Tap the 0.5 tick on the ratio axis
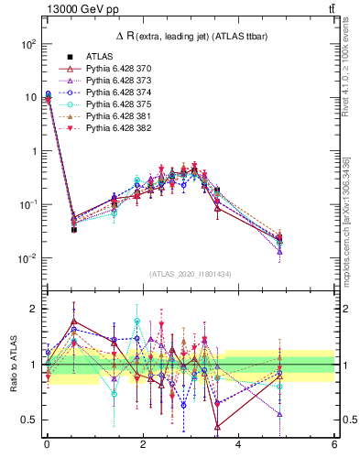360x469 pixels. click(x=29, y=420)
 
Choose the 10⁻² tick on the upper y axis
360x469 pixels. click(x=27, y=258)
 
